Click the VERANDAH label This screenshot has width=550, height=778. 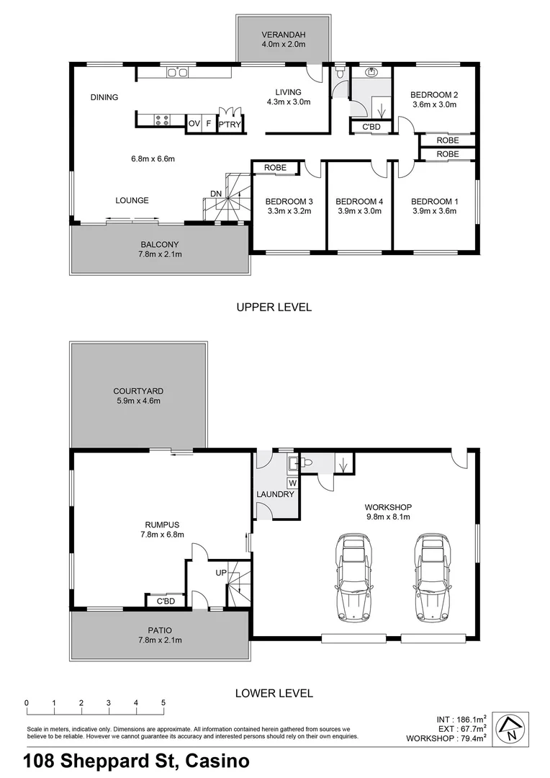[x=283, y=34]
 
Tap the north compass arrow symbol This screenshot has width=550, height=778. [x=510, y=729]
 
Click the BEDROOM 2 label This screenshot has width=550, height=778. [x=434, y=94]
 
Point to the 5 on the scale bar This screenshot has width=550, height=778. [x=163, y=703]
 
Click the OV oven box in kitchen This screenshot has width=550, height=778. [x=194, y=124]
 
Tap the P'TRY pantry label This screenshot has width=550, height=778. [x=230, y=125]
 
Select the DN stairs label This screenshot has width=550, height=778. [x=216, y=193]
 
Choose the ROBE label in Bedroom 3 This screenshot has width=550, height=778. [x=275, y=168]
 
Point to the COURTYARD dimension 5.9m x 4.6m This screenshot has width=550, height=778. [x=137, y=401]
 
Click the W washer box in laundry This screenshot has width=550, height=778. [x=293, y=483]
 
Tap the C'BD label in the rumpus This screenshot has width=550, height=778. [x=166, y=601]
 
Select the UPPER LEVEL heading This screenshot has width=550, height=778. [x=274, y=308]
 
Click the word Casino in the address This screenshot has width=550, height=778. [x=218, y=761]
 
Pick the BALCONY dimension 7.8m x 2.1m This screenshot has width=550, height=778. [x=159, y=254]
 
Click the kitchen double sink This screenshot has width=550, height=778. [x=177, y=72]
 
